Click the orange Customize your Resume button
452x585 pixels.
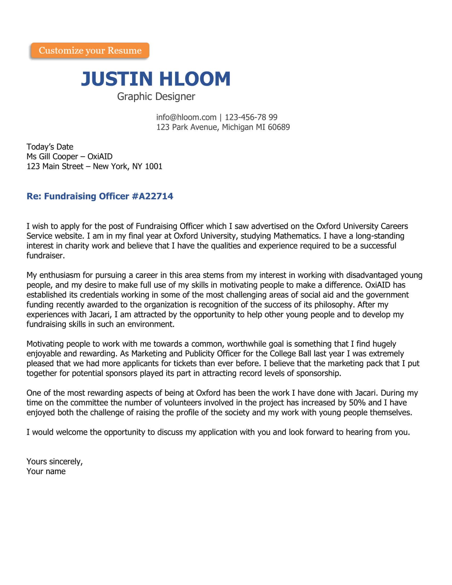[x=90, y=50]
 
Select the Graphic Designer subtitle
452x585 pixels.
[x=156, y=97]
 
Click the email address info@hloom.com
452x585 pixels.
[x=186, y=117]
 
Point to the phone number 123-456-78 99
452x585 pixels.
[x=251, y=117]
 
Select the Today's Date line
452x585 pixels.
[x=50, y=147]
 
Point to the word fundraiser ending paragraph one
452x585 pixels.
[x=45, y=256]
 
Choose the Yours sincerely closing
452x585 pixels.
[x=55, y=462]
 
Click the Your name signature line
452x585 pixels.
[x=46, y=471]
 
